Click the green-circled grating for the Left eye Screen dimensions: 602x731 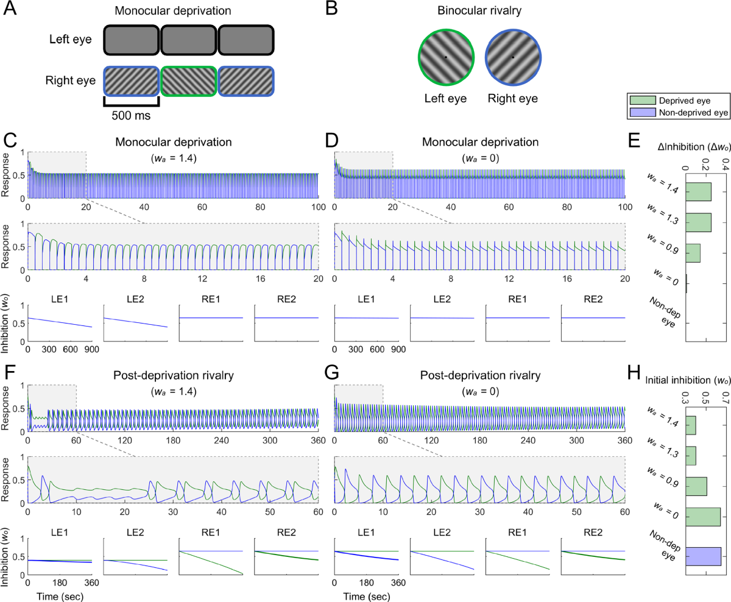pos(445,57)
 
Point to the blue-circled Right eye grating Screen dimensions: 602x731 pos(512,57)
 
